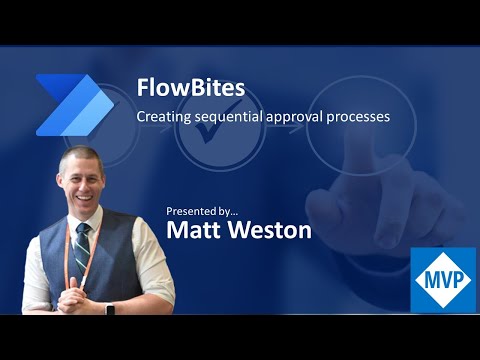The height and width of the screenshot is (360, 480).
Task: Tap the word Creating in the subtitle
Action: click(x=162, y=117)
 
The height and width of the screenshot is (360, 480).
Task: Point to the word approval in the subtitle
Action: click(x=299, y=117)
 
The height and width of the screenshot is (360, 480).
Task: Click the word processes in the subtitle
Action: click(x=360, y=117)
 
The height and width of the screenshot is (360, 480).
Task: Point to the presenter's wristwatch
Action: click(x=108, y=306)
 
